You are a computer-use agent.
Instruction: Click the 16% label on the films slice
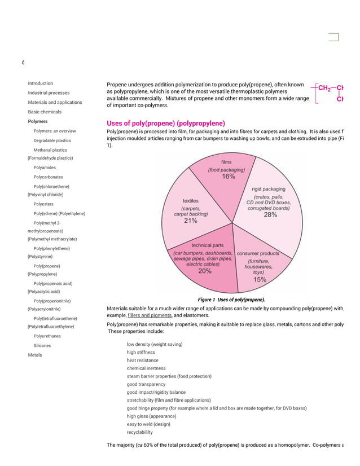pyautogui.click(x=228, y=177)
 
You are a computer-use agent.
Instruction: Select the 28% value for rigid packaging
pyautogui.click(x=271, y=214)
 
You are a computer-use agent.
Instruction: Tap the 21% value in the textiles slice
pyautogui.click(x=190, y=221)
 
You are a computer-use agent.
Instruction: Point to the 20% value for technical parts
pyautogui.click(x=205, y=271)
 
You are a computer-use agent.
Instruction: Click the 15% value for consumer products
pyautogui.click(x=260, y=279)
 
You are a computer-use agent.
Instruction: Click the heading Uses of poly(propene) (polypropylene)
pyautogui.click(x=165, y=124)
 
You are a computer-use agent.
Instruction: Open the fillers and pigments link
pyautogui.click(x=150, y=316)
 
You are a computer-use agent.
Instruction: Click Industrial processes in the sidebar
pyautogui.click(x=49, y=93)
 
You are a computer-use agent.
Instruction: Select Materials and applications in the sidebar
pyautogui.click(x=55, y=103)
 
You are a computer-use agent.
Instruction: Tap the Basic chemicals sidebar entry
pyautogui.click(x=45, y=112)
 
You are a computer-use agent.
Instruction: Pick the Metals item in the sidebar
pyautogui.click(x=36, y=355)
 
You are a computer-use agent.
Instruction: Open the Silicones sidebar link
pyautogui.click(x=42, y=345)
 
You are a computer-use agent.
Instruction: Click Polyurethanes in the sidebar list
pyautogui.click(x=47, y=336)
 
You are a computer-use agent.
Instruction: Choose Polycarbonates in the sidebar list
pyautogui.click(x=49, y=177)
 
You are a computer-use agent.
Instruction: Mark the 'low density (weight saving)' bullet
pyautogui.click(x=154, y=344)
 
